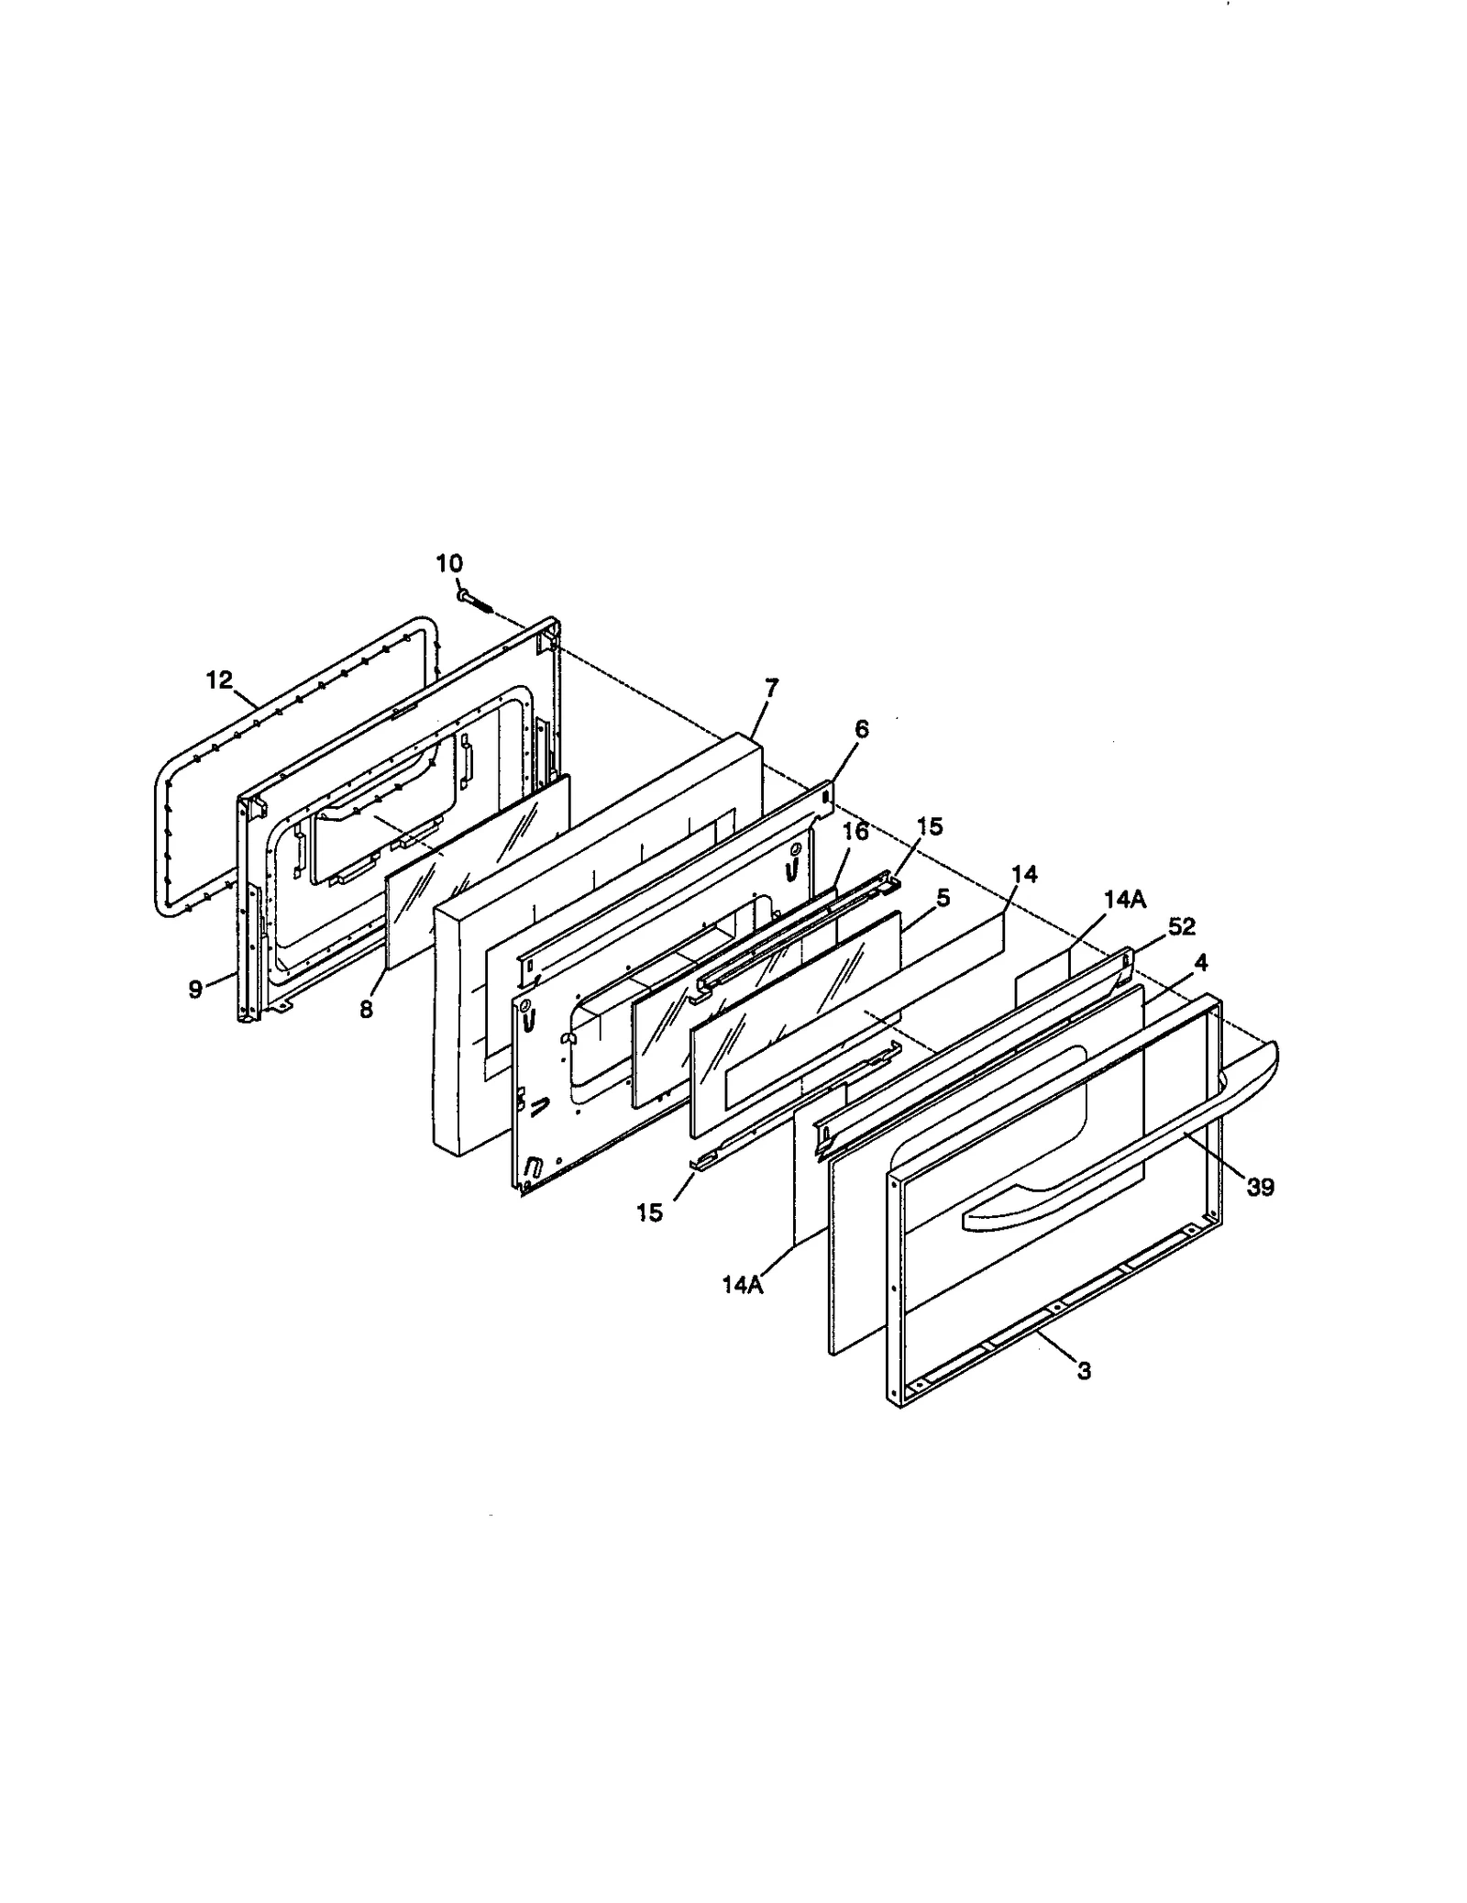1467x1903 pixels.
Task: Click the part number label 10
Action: [449, 562]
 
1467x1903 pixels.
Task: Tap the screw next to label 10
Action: [475, 600]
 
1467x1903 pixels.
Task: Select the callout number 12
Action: [220, 680]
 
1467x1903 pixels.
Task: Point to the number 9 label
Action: [195, 990]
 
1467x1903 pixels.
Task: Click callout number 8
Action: [366, 1009]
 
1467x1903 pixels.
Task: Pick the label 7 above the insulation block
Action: [770, 687]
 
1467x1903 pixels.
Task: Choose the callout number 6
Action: [861, 729]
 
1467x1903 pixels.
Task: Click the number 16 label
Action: [855, 832]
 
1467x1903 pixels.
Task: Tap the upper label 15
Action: [929, 826]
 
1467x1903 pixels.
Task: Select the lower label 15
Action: [649, 1212]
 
